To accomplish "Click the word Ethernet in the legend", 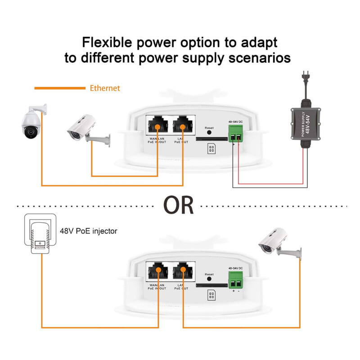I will pyautogui.click(x=105, y=88).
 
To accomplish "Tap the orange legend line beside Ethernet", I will pyautogui.click(x=59, y=88).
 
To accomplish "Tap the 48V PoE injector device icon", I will pyautogui.click(x=40, y=236).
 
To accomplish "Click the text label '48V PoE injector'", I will pyautogui.click(x=89, y=231).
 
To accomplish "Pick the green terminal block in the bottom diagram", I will pyautogui.click(x=236, y=281).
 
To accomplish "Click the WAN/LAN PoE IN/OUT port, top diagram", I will pyautogui.click(x=157, y=124).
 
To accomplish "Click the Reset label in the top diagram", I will pyautogui.click(x=209, y=128).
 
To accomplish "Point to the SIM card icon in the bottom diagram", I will pyautogui.click(x=210, y=295).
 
